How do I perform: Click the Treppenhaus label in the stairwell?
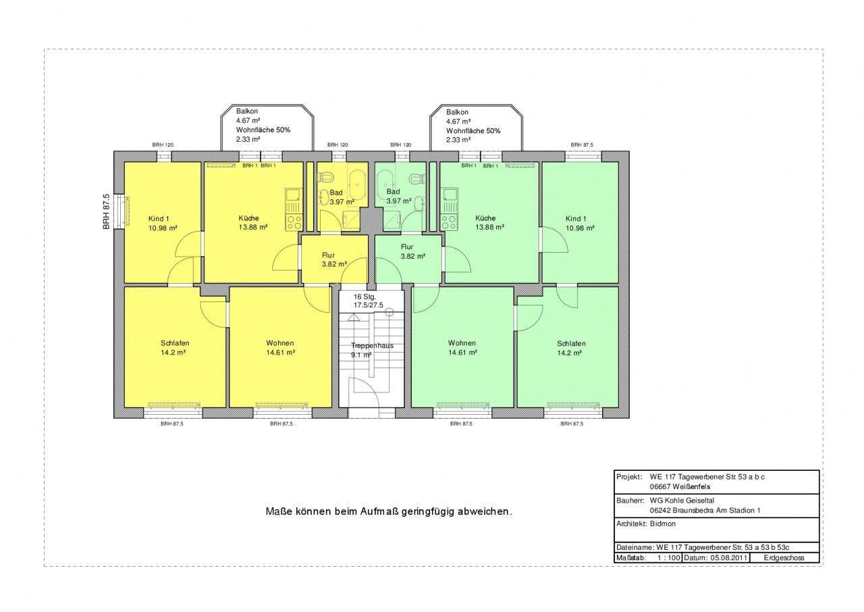372,345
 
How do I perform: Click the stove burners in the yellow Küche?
294,222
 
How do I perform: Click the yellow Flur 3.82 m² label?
334,259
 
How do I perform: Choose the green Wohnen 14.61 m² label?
462,348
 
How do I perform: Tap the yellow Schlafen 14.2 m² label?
175,348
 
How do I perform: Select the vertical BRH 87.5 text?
107,212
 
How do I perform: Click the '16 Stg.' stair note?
364,297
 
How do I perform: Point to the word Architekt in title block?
631,524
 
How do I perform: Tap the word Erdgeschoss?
784,557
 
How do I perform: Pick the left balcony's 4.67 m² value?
248,120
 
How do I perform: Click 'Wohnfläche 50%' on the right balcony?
473,131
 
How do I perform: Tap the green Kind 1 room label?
580,223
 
